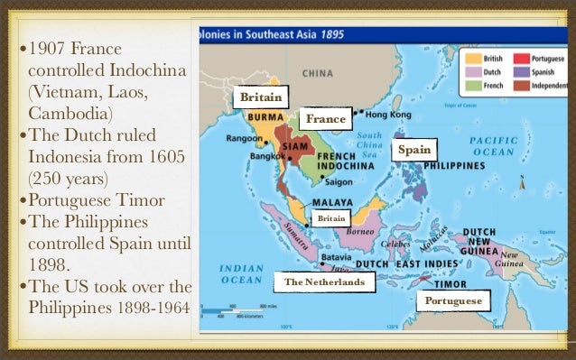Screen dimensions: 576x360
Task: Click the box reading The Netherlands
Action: click(x=325, y=283)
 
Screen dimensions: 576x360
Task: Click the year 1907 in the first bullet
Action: click(x=53, y=47)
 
